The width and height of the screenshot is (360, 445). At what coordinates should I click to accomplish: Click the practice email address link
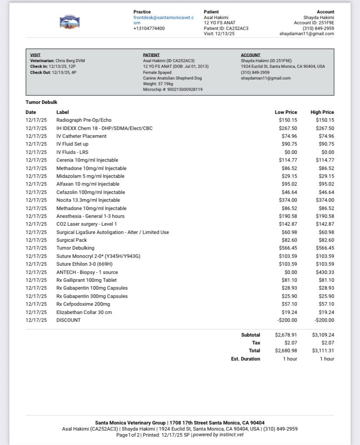coord(163,20)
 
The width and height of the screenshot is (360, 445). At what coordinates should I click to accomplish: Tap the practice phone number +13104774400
coord(149,29)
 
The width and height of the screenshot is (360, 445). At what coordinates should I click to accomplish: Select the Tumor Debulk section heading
coord(41,102)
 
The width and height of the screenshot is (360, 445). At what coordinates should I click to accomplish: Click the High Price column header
coord(322,112)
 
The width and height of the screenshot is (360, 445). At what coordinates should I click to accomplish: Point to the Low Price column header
coord(286,112)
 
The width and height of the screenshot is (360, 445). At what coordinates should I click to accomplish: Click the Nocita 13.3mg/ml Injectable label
coord(88,200)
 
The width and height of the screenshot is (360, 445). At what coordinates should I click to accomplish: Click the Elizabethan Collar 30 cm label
coord(84,312)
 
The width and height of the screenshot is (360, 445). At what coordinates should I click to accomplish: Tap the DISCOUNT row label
coord(68,320)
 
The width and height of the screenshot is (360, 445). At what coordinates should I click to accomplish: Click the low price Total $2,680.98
coord(286,351)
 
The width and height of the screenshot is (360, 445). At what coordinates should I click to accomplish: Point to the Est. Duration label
coord(246,359)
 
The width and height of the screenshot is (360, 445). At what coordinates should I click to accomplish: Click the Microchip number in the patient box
coord(173,90)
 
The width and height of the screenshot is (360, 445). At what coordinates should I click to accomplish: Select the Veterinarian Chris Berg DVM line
coord(57,61)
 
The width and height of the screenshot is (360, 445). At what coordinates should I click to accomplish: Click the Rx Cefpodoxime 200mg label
coord(83,304)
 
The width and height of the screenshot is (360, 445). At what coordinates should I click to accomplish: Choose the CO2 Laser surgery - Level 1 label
coord(87,224)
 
